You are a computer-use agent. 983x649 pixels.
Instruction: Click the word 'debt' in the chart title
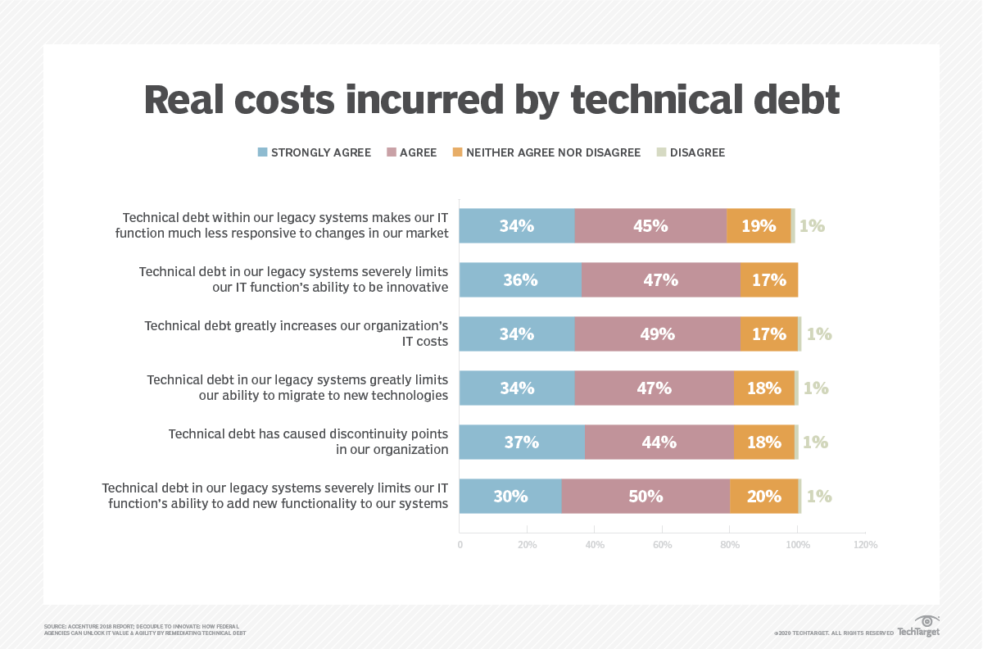pos(786,100)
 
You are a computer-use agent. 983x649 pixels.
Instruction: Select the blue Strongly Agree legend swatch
pos(263,152)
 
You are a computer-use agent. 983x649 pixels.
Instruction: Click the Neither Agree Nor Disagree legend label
pos(553,152)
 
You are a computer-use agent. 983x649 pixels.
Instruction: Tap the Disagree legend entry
pos(696,152)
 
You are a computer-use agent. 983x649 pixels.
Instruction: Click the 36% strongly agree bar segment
pos(520,279)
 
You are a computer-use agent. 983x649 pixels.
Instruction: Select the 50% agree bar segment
pos(646,496)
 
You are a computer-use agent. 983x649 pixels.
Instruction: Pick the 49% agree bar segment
pos(657,334)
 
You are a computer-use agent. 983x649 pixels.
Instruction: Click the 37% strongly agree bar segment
pos(522,442)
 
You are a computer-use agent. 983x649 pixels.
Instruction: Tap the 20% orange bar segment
pos(763,496)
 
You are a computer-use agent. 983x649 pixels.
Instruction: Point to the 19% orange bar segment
pos(759,225)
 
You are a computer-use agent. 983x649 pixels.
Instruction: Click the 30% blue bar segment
pos(510,496)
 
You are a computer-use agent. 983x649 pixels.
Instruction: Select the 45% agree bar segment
pos(650,225)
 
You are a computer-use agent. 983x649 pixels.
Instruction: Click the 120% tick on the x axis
pos(865,545)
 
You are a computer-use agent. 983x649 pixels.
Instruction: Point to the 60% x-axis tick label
pos(662,545)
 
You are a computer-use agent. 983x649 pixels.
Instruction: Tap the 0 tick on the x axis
pos(460,545)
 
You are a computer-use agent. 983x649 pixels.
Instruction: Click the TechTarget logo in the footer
pos(919,627)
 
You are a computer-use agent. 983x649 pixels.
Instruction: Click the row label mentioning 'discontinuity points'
pos(308,441)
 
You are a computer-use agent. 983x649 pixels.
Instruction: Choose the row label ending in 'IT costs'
pos(297,333)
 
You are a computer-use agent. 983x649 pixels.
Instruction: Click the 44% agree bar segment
pos(659,442)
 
